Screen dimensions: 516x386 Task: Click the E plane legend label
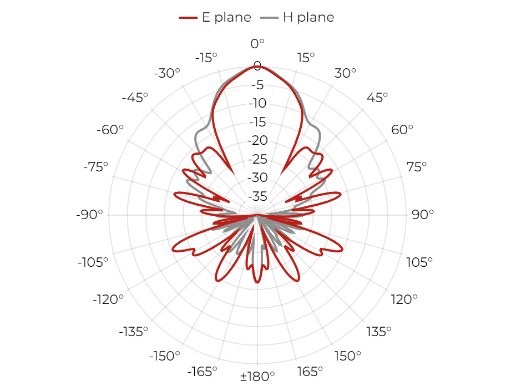226,17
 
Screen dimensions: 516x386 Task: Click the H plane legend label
308,17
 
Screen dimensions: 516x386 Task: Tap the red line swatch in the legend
188,18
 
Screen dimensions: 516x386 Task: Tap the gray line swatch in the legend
269,18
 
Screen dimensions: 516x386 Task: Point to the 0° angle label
257,44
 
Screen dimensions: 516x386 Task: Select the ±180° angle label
257,376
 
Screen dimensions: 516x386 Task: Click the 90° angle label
423,215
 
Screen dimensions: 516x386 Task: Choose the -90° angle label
89,215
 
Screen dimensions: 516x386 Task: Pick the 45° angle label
377,98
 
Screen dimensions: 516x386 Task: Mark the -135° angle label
134,332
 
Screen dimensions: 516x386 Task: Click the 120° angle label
404,299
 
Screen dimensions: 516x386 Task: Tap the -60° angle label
110,130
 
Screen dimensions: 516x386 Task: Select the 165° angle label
310,372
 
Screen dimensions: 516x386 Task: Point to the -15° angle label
206,58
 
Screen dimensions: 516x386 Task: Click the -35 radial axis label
257,196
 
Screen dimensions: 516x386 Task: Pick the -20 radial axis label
257,140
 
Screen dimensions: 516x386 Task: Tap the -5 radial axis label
257,85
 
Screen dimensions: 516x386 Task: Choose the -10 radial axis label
257,103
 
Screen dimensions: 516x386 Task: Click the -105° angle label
93,262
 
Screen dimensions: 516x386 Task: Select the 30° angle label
345,73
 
